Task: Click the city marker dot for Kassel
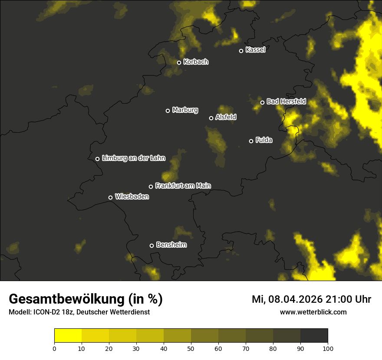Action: pyautogui.click(x=241, y=51)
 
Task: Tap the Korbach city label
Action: pyautogui.click(x=196, y=62)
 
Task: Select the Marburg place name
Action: pyautogui.click(x=185, y=110)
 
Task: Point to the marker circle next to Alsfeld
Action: pyautogui.click(x=211, y=118)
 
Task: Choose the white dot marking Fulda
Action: pyautogui.click(x=251, y=141)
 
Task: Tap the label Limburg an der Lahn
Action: pyautogui.click(x=133, y=158)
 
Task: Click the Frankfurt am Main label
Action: pyautogui.click(x=183, y=186)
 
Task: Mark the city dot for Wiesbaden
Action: pyautogui.click(x=110, y=197)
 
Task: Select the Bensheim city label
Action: pyautogui.click(x=171, y=245)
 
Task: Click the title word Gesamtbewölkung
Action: pyautogui.click(x=67, y=299)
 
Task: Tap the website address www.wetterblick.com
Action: pyautogui.click(x=313, y=312)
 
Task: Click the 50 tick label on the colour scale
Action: pyautogui.click(x=191, y=348)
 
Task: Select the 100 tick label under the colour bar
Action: pyautogui.click(x=328, y=348)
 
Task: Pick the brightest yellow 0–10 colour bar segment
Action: pyautogui.click(x=68, y=335)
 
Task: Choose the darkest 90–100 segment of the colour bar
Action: pyautogui.click(x=314, y=335)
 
